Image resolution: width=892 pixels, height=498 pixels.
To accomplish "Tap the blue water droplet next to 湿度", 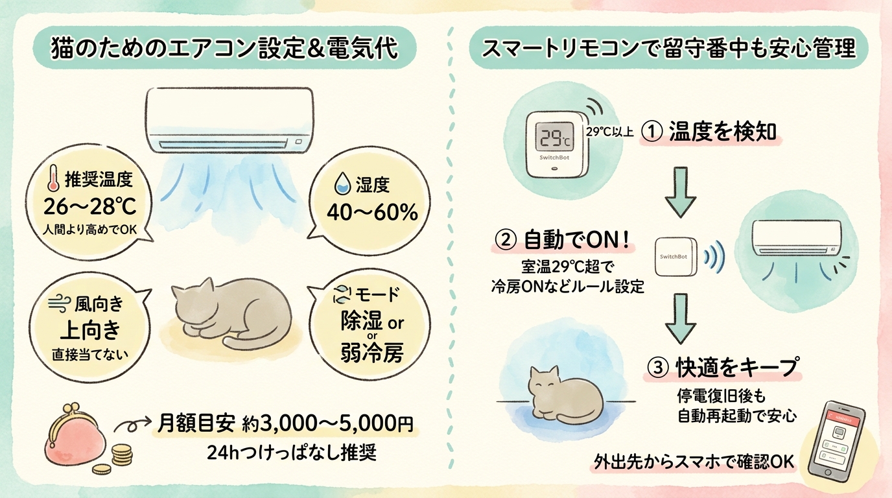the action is click(342, 184).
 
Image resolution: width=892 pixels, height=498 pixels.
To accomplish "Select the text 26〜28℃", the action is click(90, 206).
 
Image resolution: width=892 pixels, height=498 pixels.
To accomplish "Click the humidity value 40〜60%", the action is click(372, 212).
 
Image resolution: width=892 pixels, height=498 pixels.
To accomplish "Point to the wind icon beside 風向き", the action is click(60, 305).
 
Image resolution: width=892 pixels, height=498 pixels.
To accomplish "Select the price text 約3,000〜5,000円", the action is click(328, 424).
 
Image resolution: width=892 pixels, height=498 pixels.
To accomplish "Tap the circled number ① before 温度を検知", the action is click(652, 132).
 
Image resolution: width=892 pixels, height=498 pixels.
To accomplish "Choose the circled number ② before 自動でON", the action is click(506, 241).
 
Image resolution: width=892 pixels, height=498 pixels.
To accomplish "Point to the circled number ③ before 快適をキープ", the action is click(657, 367).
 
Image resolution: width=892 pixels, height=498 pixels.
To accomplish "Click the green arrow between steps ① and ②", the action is click(681, 192).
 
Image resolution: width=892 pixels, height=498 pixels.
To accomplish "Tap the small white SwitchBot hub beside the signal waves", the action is click(675, 257).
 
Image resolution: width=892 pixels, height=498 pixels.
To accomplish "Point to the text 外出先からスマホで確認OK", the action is click(694, 462).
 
